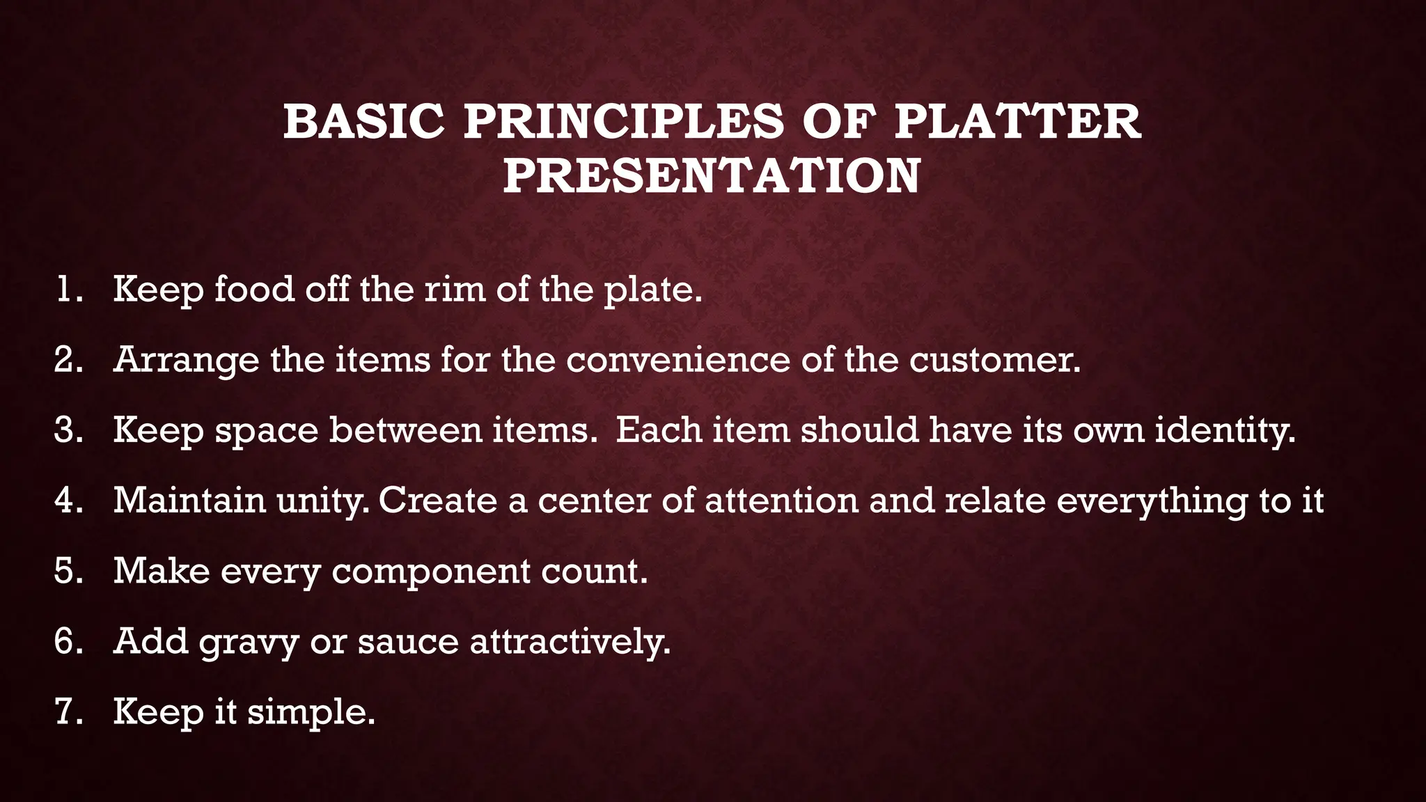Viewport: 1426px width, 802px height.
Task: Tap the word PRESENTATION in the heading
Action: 712,175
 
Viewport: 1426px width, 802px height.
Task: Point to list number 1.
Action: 68,289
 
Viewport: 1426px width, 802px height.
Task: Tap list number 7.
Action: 68,711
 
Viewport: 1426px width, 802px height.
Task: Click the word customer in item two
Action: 994,360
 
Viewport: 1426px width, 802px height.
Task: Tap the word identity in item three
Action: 1225,430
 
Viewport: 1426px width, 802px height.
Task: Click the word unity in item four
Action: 322,501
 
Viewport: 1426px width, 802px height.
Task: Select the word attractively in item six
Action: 570,641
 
